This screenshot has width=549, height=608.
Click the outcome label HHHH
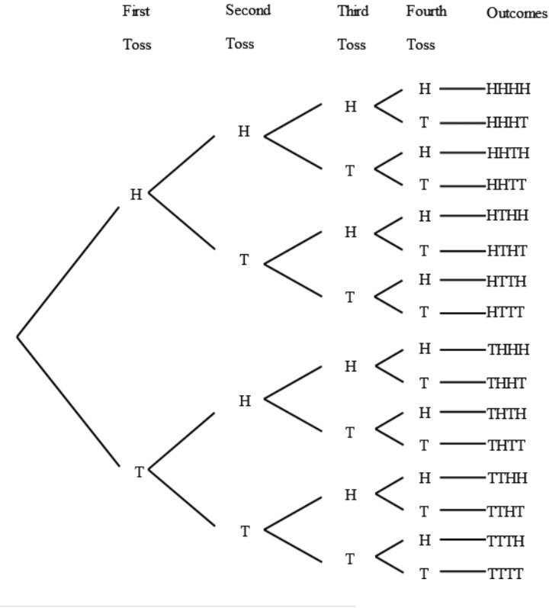point(508,90)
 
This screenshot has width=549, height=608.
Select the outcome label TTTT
point(506,573)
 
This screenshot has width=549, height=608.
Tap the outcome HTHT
point(506,250)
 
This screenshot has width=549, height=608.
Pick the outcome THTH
point(506,413)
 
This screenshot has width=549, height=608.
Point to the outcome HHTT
point(506,185)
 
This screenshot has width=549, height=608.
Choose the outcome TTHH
point(506,478)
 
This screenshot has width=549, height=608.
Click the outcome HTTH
point(506,281)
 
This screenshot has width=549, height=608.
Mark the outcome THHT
point(506,383)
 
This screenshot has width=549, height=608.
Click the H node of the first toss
point(136,195)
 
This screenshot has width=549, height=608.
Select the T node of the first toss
point(139,472)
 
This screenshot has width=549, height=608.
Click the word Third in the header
point(352,11)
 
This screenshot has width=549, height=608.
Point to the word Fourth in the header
point(426,11)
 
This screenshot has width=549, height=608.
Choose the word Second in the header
point(248,11)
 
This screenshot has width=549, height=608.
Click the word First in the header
point(136,11)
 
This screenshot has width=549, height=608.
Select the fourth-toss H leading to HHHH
point(425,89)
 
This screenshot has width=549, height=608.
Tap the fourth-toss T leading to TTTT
point(424,572)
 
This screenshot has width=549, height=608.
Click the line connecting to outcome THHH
point(462,350)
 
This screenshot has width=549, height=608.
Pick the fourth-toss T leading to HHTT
point(424,185)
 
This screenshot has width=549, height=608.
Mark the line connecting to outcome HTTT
point(462,313)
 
